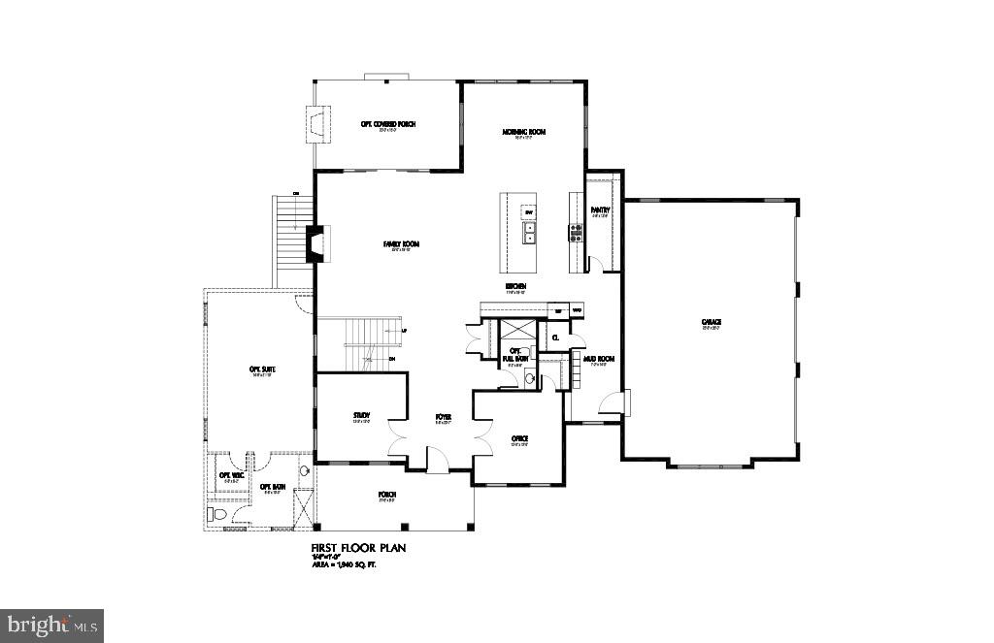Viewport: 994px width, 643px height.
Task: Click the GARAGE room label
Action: click(712, 322)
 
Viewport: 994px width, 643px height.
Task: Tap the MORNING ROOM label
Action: click(523, 132)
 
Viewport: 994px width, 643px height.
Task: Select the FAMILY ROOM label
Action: click(400, 244)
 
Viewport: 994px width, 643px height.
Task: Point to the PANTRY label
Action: click(599, 209)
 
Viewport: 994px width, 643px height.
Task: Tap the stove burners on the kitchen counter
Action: click(575, 232)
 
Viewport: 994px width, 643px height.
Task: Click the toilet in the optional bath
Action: click(216, 514)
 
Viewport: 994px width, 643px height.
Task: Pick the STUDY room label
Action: click(361, 416)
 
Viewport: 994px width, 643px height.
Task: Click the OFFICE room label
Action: click(519, 438)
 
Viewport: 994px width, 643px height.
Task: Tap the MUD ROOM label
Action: click(599, 359)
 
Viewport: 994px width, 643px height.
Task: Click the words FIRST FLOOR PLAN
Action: click(358, 548)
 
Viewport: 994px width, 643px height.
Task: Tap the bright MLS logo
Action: click(52, 625)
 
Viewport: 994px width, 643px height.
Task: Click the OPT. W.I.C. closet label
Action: click(231, 474)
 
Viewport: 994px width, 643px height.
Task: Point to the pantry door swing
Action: click(597, 263)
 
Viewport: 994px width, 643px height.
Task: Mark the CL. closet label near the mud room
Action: click(555, 338)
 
